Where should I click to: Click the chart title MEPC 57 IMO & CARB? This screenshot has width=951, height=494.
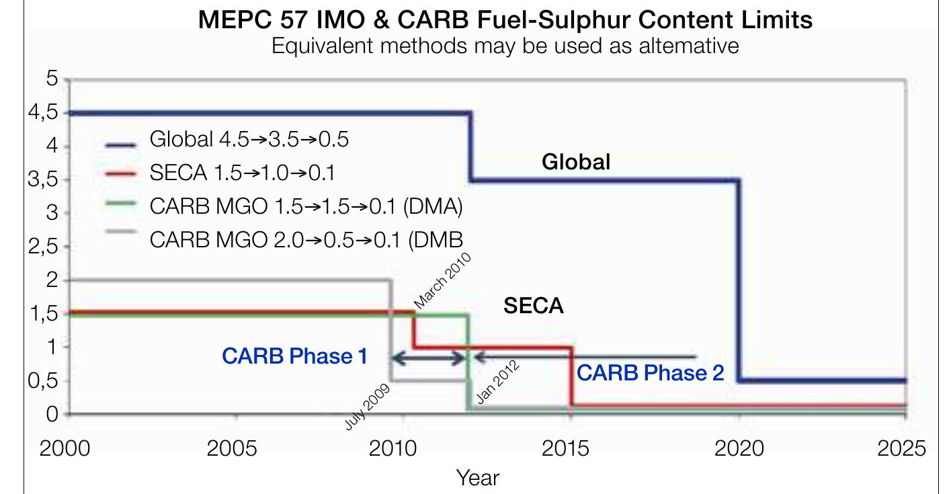505,19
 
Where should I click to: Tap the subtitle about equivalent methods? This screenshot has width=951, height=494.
505,46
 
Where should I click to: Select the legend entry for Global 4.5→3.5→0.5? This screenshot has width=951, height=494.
249,140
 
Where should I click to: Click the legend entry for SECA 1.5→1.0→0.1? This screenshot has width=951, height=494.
242,173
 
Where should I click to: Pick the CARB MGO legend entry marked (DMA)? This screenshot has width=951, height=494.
306,206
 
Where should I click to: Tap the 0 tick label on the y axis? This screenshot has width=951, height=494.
52,414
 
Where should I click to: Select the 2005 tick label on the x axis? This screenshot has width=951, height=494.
231,448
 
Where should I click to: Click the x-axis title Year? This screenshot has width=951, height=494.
478,478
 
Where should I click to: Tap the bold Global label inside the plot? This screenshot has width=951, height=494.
576,162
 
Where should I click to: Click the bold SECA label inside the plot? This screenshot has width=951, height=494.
533,306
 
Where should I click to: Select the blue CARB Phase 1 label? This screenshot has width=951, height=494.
295,356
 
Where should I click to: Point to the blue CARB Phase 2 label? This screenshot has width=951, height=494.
650,373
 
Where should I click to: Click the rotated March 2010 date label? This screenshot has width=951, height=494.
442,281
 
